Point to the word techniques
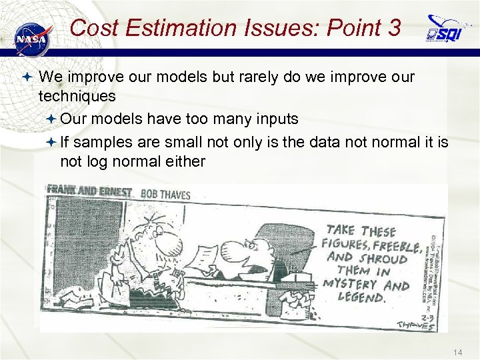pyautogui.click(x=77, y=96)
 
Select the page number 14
pyautogui.click(x=457, y=351)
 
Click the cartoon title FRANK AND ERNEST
pyautogui.click(x=89, y=191)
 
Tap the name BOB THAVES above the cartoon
pyautogui.click(x=165, y=195)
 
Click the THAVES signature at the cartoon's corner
pyautogui.click(x=420, y=323)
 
